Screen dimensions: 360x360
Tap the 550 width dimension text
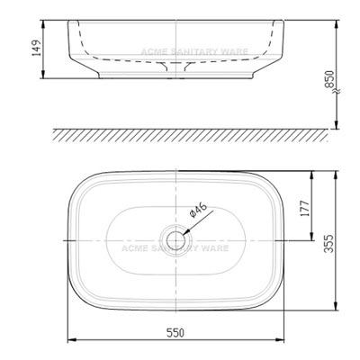tap(174, 333)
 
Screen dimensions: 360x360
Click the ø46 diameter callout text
tap(198, 213)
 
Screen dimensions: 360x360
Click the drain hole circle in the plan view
tap(174, 240)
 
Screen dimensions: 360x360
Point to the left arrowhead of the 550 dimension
tap(71, 341)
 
